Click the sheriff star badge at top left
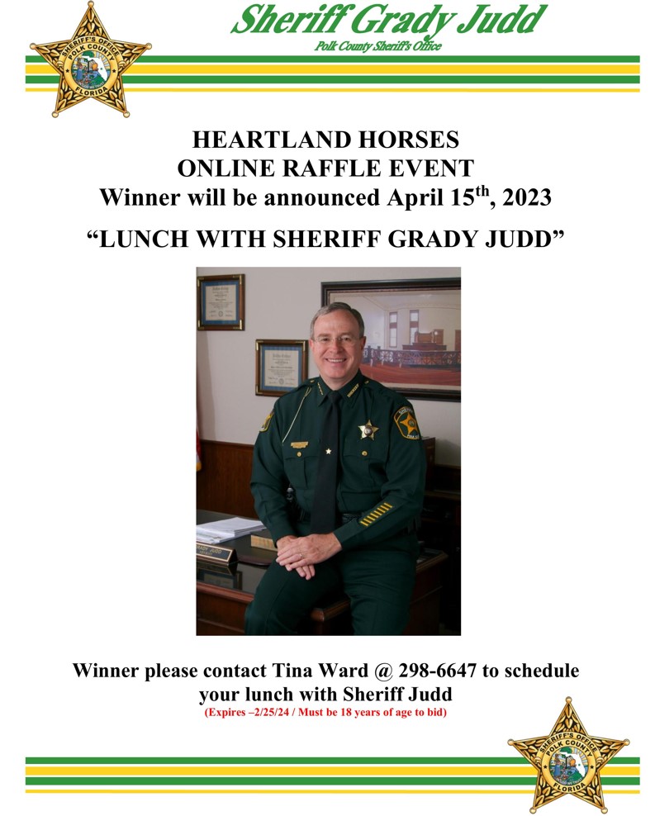pyautogui.click(x=90, y=61)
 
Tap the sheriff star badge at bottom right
pyautogui.click(x=568, y=756)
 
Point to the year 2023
pyautogui.click(x=526, y=197)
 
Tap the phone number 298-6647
pyautogui.click(x=437, y=671)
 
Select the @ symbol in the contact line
pyautogui.click(x=383, y=671)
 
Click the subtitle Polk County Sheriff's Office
pyautogui.click(x=377, y=46)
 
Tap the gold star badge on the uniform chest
pyautogui.click(x=368, y=429)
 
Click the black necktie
pyautogui.click(x=328, y=463)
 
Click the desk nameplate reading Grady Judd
pyautogui.click(x=215, y=551)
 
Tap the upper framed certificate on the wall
pyautogui.click(x=221, y=302)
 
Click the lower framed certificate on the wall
pyautogui.click(x=281, y=368)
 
